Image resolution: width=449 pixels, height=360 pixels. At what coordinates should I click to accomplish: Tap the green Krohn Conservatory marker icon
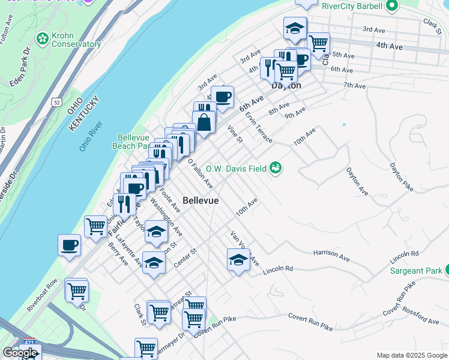click(43, 40)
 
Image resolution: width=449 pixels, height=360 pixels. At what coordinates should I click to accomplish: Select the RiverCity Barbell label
click(352, 6)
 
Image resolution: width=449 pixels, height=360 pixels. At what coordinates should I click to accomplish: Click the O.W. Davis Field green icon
click(276, 168)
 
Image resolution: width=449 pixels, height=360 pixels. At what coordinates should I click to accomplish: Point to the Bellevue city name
click(200, 200)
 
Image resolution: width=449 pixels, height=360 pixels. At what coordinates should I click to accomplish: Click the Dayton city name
click(286, 86)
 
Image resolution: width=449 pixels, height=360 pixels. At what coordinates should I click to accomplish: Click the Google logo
click(20, 353)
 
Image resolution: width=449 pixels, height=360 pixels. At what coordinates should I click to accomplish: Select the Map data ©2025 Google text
click(412, 355)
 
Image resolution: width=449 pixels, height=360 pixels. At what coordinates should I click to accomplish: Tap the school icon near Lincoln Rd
click(238, 260)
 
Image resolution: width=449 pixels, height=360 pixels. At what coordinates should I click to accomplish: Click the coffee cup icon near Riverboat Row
click(69, 245)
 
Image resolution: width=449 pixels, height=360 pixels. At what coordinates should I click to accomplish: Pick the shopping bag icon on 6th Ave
click(204, 121)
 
